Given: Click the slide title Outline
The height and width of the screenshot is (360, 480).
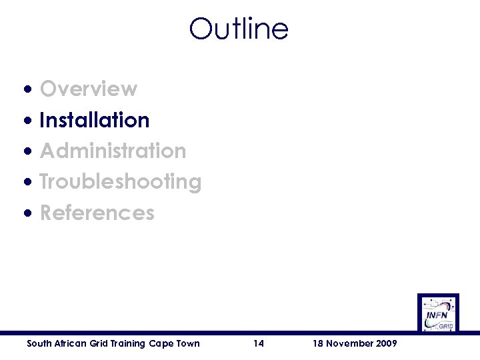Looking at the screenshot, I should pos(239,29).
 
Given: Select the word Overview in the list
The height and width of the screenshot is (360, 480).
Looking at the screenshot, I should pos(89,89).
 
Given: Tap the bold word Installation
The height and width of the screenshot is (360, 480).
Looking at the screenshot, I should pos(95,120).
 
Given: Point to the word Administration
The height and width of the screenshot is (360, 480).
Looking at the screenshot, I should pos(113,151).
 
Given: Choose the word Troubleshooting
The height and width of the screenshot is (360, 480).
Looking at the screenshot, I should pos(121,181).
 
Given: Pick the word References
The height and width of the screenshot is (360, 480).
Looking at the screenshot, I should pos(97,213).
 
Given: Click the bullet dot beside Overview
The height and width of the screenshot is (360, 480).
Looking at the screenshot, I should pos(27,89).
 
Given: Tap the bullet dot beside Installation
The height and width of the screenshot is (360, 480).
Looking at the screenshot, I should pos(27,120).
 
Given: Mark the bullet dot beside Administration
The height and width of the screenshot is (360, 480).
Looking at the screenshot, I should pos(27,151).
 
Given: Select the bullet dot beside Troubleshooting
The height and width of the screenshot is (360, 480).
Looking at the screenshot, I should pos(27,182).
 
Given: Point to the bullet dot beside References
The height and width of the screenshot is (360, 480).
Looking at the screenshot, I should pos(27,213).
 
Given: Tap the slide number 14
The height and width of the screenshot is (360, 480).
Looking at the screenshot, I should pos(259,343).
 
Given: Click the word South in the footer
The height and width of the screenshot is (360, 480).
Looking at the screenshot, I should pos(38,343).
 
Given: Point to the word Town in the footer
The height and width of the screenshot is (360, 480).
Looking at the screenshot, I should pos(187,343).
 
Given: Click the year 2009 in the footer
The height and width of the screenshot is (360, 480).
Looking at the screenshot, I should pos(387,343).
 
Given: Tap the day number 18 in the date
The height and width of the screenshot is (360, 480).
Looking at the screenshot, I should pos(317,343).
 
